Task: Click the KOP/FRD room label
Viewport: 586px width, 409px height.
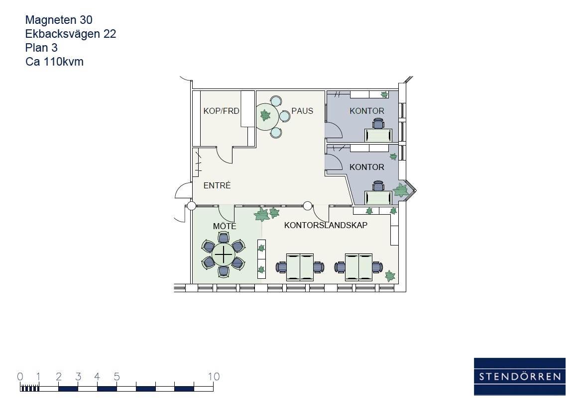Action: pyautogui.click(x=221, y=111)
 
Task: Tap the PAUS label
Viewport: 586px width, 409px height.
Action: pyautogui.click(x=302, y=111)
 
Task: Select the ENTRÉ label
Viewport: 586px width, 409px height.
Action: pyautogui.click(x=217, y=185)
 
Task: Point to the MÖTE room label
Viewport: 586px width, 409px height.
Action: pyautogui.click(x=225, y=226)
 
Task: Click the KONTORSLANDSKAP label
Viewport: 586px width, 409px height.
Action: pyautogui.click(x=326, y=225)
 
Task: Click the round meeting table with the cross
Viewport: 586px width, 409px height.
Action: pyautogui.click(x=224, y=254)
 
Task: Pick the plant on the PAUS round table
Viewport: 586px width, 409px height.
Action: pyautogui.click(x=265, y=115)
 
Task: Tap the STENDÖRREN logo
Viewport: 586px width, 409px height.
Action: pyautogui.click(x=519, y=377)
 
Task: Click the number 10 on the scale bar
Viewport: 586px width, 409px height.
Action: pyautogui.click(x=214, y=377)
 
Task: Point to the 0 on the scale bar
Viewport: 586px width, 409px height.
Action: pyautogui.click(x=20, y=377)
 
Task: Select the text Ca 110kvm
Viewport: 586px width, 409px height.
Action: pyautogui.click(x=55, y=62)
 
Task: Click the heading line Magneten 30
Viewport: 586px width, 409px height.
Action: pyautogui.click(x=59, y=20)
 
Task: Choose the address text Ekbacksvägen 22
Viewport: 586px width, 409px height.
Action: pyautogui.click(x=71, y=34)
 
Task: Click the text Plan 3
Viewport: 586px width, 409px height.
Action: pyautogui.click(x=41, y=48)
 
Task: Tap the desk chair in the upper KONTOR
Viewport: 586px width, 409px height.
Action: pyautogui.click(x=378, y=124)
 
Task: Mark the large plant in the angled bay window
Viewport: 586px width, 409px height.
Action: pyautogui.click(x=401, y=190)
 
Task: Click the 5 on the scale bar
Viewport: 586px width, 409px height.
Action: pyautogui.click(x=117, y=377)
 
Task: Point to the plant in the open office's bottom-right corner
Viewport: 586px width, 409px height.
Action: pyautogui.click(x=390, y=276)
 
